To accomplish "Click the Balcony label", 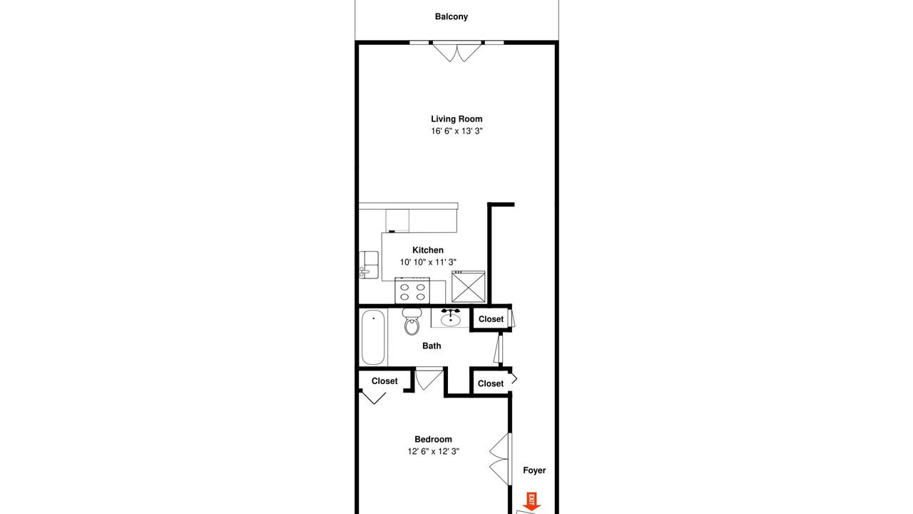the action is point(452,16).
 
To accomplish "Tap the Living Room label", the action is point(456,119).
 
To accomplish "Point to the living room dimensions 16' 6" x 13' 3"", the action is point(456,131).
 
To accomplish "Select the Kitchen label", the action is point(427,250).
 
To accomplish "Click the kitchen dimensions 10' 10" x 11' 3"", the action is point(427,262).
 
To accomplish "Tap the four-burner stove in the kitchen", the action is point(412,291).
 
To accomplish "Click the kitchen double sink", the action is point(369,265).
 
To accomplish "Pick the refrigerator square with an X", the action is point(469,287).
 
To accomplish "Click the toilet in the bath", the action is point(412,321).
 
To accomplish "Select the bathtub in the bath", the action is point(373,337).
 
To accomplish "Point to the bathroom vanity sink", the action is point(450,318).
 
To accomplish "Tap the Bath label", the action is point(432,346).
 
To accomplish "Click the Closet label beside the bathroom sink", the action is point(491,319).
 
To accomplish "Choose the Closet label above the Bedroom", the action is point(384,381).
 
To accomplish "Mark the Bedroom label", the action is point(433,439).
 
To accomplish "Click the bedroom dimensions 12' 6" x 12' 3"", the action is point(433,451).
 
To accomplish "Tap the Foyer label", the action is point(534,470).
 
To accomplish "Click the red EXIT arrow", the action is point(531,501).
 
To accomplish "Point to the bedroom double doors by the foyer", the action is point(500,459).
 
